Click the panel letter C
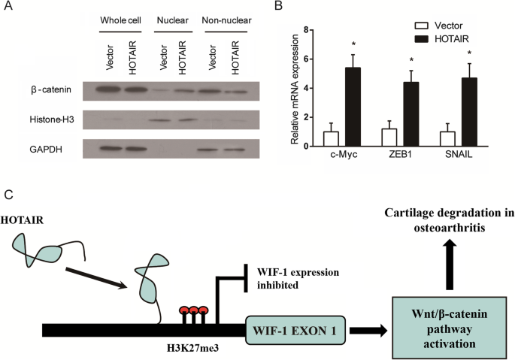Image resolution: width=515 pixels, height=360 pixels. (x=9, y=194)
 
